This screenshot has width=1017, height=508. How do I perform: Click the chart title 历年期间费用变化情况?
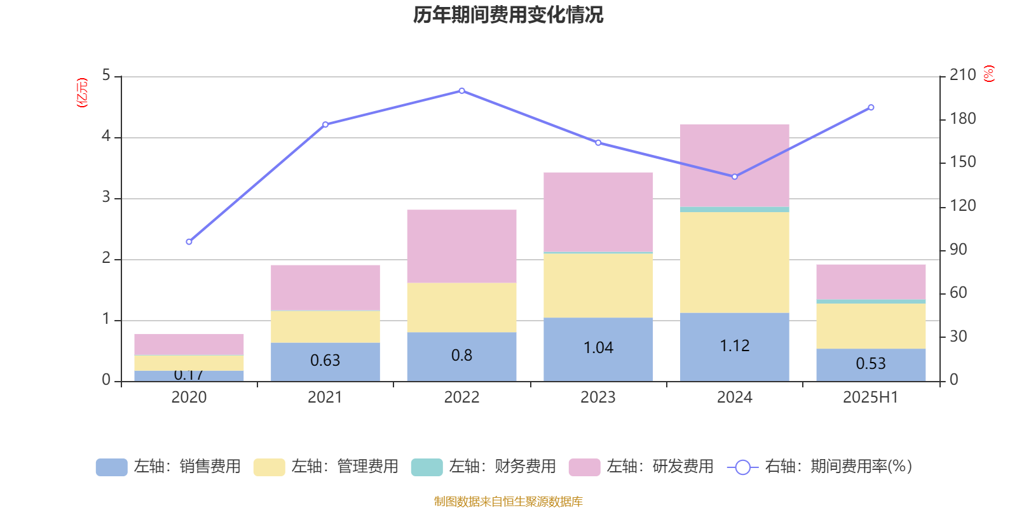(x=508, y=15)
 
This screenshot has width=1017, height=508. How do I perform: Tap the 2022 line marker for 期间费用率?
(x=461, y=91)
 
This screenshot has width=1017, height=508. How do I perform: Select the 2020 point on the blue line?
(x=189, y=242)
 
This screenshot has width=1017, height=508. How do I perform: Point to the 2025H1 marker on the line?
(x=871, y=107)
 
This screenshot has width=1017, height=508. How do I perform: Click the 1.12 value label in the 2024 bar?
(x=735, y=346)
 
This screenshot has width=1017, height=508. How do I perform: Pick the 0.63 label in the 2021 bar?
(x=325, y=361)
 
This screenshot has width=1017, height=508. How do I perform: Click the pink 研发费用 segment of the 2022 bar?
(x=461, y=246)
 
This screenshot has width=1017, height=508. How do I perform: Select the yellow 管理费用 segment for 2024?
(x=735, y=262)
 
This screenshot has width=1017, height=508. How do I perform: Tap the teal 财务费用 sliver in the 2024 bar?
(x=735, y=210)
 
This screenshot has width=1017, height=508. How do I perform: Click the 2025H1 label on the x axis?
(x=871, y=398)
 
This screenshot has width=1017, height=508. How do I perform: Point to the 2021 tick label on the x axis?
(x=325, y=398)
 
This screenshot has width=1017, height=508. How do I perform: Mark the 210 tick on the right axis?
(x=963, y=76)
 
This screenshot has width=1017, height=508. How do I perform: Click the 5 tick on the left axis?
(x=106, y=76)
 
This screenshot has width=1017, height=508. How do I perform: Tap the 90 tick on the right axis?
(x=959, y=250)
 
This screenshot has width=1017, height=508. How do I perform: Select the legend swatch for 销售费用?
(x=111, y=467)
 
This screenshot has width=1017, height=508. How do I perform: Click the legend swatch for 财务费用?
(x=427, y=467)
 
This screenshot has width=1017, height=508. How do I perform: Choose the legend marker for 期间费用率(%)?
(x=742, y=467)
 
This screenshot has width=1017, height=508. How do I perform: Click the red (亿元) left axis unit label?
(x=82, y=93)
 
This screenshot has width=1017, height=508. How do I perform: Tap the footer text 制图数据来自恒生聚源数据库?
(x=508, y=502)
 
